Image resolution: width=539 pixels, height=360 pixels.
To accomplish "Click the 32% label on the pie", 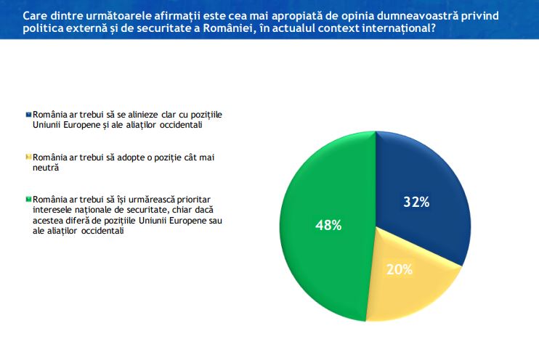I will (x=416, y=202).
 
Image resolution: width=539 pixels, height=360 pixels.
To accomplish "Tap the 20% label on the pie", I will (x=400, y=269).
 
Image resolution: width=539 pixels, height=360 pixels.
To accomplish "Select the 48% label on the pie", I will (x=328, y=225).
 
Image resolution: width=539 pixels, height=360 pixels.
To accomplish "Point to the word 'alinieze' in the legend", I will (x=147, y=115).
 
